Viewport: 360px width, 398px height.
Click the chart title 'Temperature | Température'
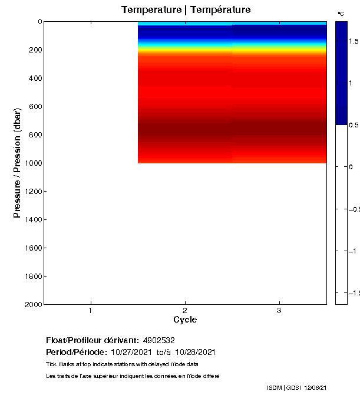186,10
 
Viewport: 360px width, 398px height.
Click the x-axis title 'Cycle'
185,320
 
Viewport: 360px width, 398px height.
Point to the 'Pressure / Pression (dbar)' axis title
17,163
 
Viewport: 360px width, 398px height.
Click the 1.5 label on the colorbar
354,41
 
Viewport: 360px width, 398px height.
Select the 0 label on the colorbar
352,167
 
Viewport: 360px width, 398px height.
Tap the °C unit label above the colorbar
341,13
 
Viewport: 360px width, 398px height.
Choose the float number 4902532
159,341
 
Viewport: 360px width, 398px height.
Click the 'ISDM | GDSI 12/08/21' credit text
297,387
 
